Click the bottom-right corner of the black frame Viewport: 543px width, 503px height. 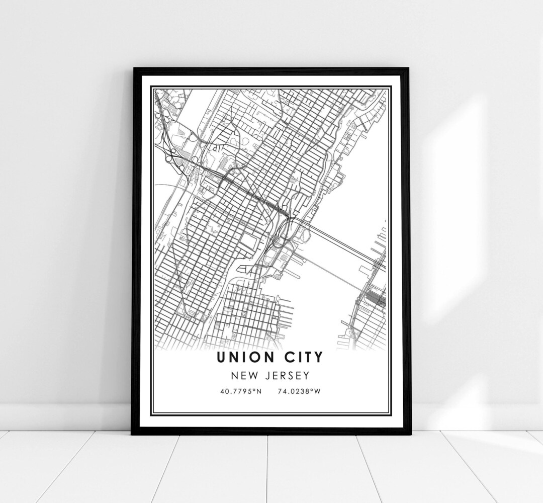pos(409,434)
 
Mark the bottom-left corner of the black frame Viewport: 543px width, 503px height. pos(133,434)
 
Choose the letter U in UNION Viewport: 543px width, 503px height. pos(222,358)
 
